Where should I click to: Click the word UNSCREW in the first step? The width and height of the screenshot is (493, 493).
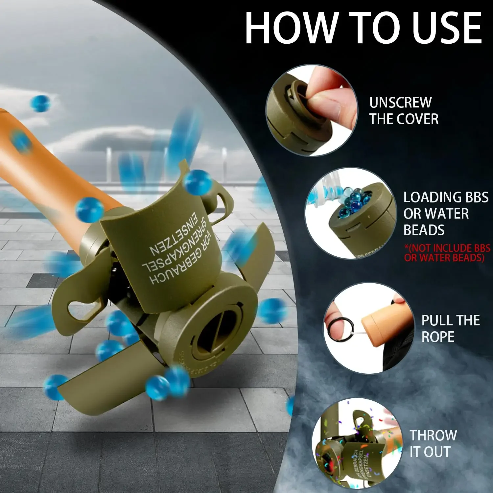click(x=400, y=103)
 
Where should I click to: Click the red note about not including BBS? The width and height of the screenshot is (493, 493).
click(x=447, y=253)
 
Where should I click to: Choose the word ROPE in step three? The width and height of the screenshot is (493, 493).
click(x=438, y=337)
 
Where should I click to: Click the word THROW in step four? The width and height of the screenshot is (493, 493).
click(x=433, y=435)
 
